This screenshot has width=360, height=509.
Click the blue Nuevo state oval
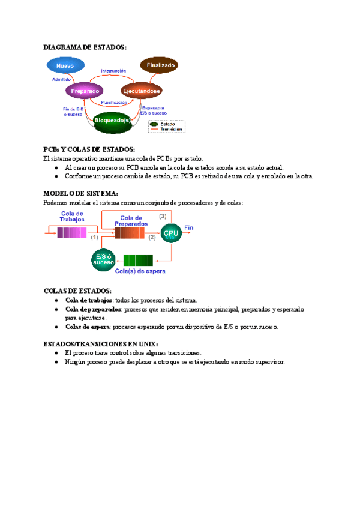pos(65,65)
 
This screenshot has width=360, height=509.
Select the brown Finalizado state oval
pos(158,65)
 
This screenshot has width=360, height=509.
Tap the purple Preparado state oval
pos(85,91)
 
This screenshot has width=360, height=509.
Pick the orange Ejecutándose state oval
pos(141,91)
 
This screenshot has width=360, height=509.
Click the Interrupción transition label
pos(113,71)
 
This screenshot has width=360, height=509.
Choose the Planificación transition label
pos(114,103)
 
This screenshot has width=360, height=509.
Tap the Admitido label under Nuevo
pos(62,79)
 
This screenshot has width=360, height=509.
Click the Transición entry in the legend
pos(172,129)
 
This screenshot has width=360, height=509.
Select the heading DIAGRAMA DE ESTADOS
pos(85,47)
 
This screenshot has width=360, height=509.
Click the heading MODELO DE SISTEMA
pos(81,193)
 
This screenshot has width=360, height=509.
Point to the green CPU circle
pos(171,234)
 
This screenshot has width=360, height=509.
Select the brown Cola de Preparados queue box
pos(130,233)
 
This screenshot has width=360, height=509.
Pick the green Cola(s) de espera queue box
pos(137,260)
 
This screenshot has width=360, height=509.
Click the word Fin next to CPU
pos(188,227)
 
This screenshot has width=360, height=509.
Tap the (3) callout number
pos(163,216)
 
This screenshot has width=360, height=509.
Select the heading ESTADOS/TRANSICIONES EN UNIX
pos(101,343)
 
